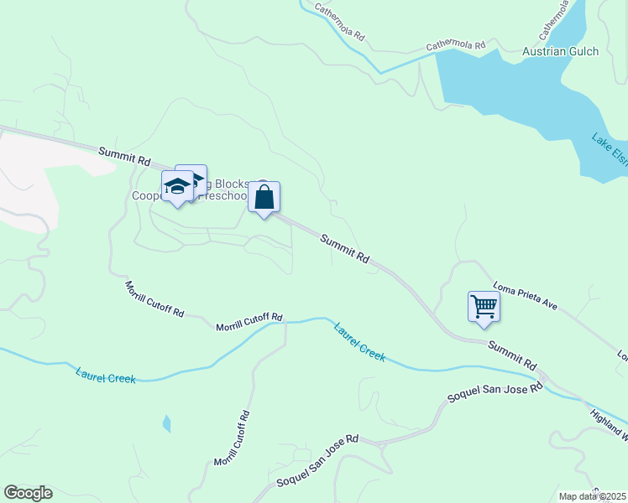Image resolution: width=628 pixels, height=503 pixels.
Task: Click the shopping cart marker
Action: click(484, 306)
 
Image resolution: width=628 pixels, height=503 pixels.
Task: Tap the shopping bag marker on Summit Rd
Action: click(264, 199)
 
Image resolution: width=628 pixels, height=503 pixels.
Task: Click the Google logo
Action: click(28, 493)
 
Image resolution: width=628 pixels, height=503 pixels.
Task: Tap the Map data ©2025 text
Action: click(592, 496)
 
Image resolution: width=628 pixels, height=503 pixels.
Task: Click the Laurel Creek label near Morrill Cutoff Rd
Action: click(359, 342)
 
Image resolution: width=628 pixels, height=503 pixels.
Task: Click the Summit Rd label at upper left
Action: click(123, 155)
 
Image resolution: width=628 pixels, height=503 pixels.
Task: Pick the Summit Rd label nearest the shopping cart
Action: click(511, 355)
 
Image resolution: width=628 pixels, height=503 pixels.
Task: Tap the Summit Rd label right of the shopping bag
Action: click(344, 250)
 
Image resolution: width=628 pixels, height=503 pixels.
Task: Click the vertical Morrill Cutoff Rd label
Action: click(231, 438)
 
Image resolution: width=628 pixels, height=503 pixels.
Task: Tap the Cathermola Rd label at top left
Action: click(339, 23)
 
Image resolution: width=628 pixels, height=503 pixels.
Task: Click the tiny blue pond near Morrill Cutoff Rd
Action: click(166, 424)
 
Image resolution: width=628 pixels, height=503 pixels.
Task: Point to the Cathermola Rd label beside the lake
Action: click(456, 44)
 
